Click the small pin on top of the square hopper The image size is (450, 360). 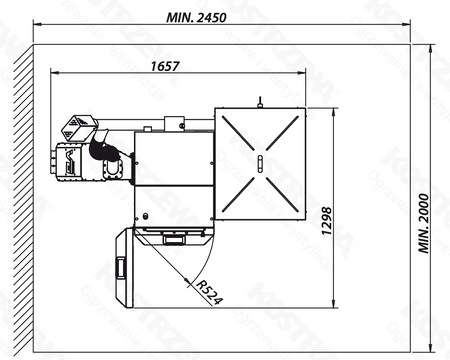[260, 100]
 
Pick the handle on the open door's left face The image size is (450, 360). [122, 268]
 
